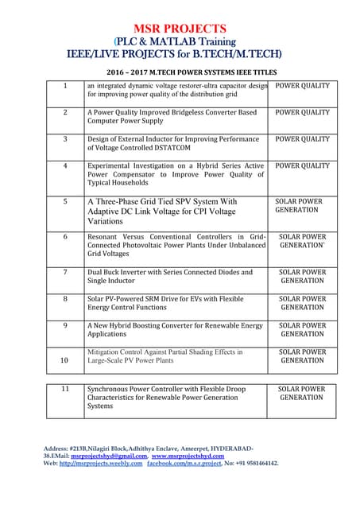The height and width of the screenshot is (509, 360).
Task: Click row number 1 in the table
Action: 65,85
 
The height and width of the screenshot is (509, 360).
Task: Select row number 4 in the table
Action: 65,166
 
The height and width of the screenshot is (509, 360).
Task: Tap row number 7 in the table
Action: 65,272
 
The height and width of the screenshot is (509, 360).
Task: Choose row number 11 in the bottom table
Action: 65,389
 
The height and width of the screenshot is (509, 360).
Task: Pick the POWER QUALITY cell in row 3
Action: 302,139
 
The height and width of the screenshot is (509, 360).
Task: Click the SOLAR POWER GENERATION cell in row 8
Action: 302,303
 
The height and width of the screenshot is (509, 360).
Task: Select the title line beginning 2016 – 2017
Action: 180,72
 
